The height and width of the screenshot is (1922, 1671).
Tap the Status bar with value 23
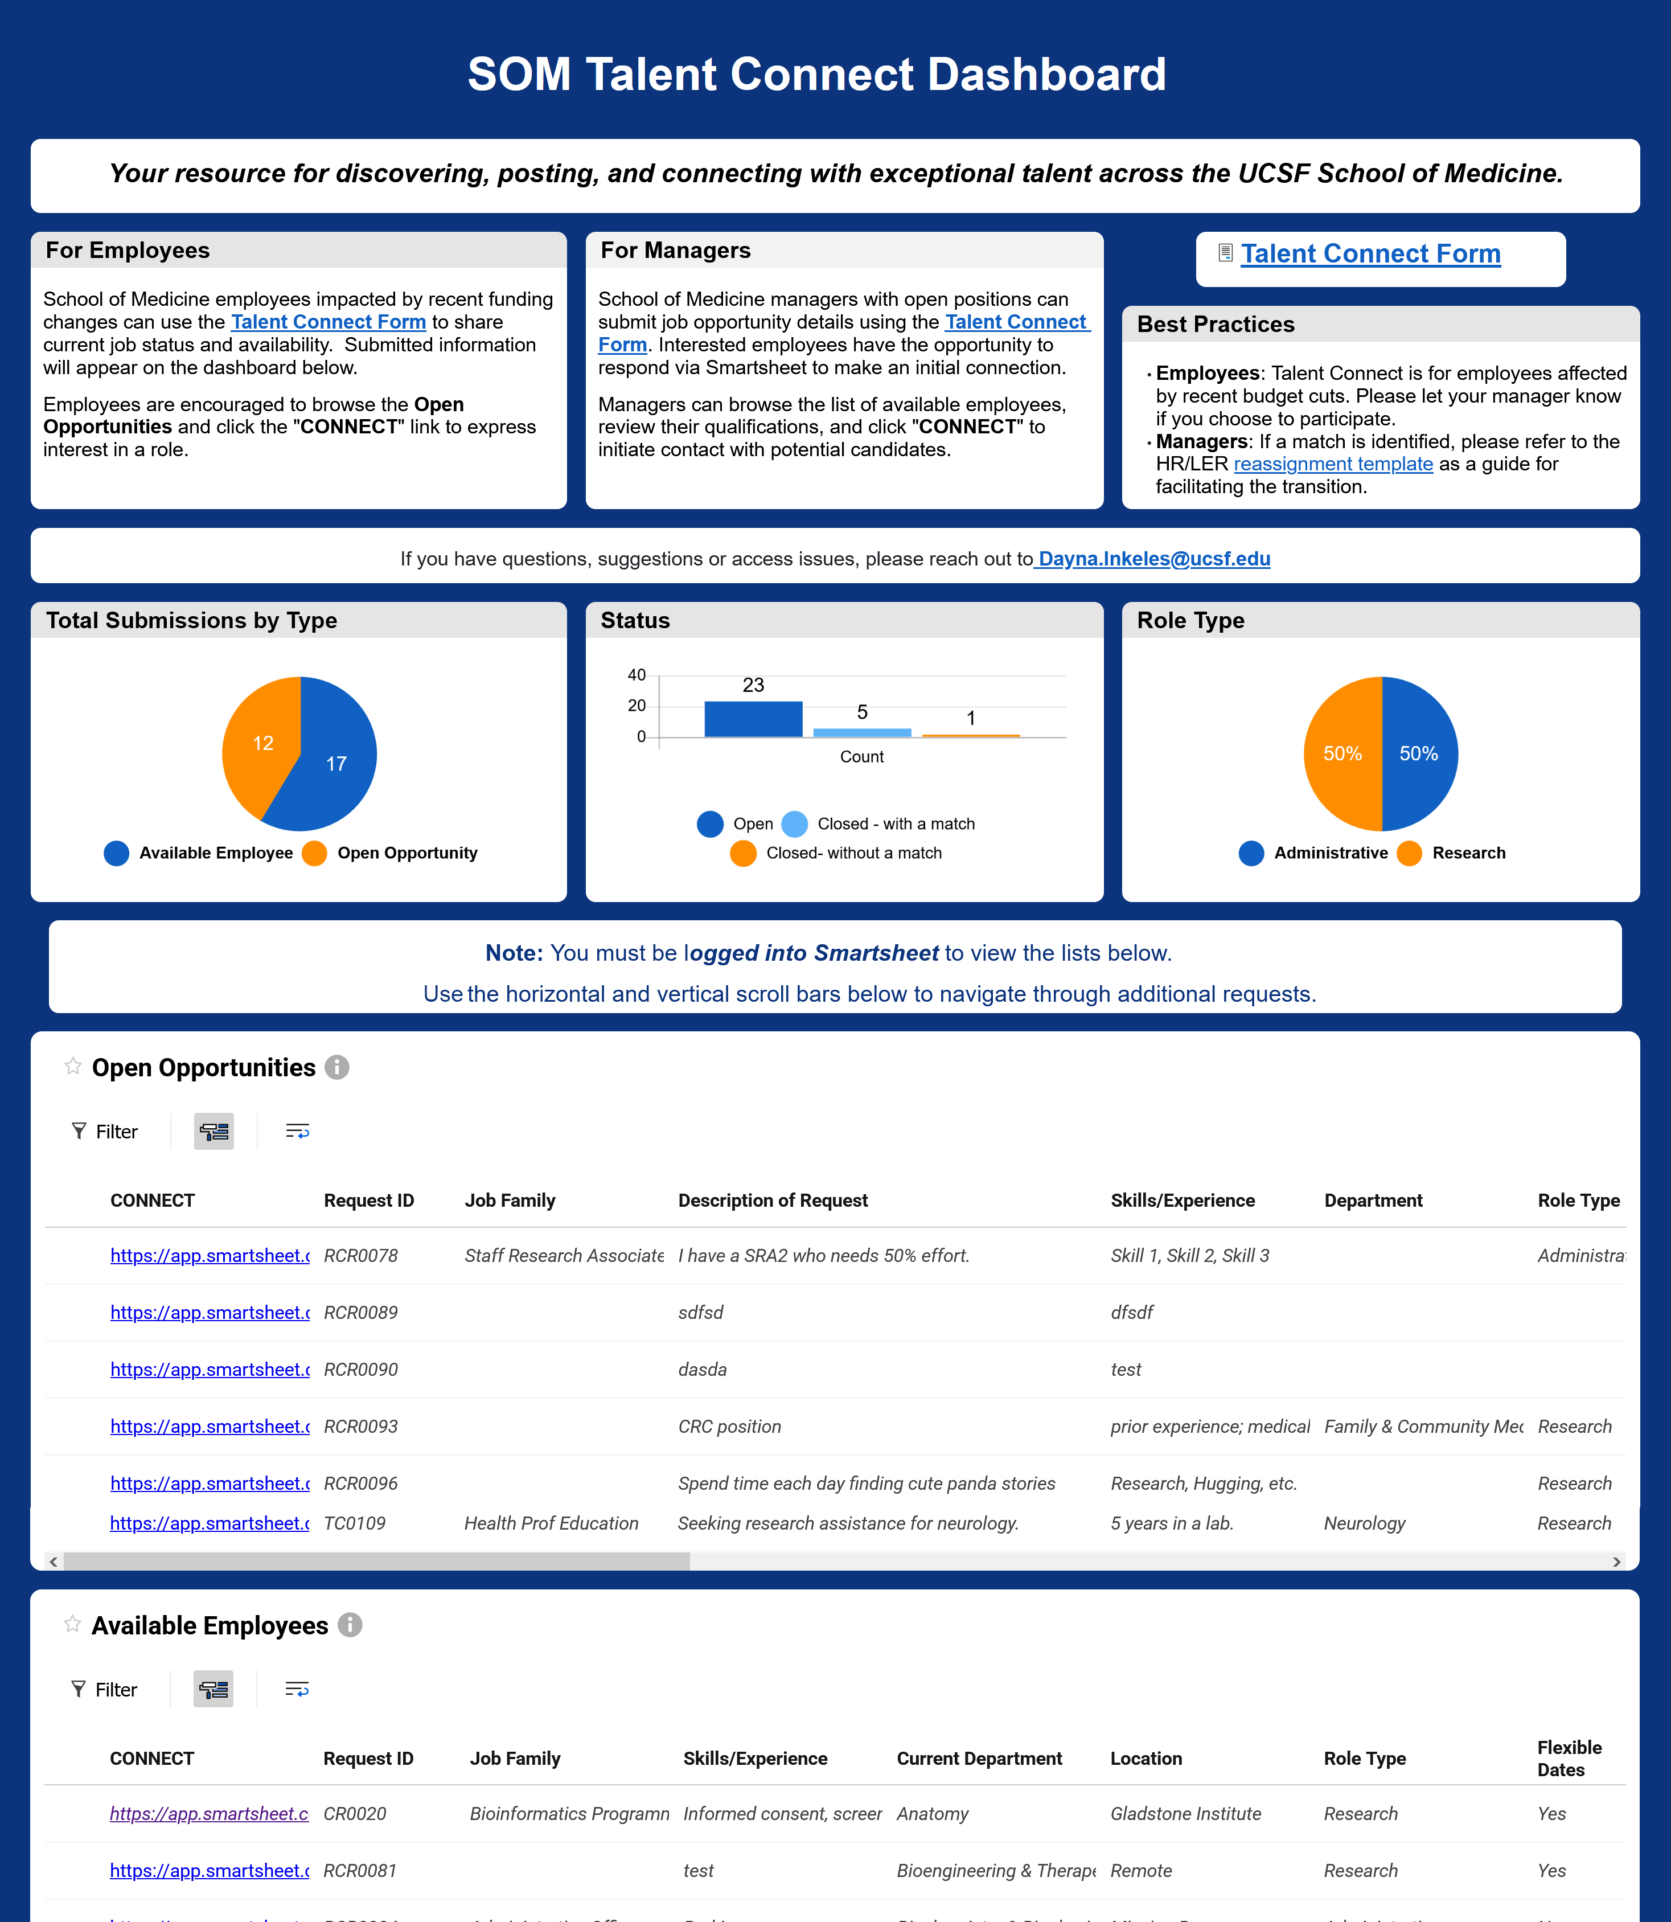tap(753, 719)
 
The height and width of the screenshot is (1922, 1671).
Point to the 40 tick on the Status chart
tap(637, 674)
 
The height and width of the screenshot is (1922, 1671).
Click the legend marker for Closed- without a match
tap(743, 853)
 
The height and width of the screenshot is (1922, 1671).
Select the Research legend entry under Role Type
tap(1468, 853)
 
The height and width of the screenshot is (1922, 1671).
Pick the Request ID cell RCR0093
tap(361, 1426)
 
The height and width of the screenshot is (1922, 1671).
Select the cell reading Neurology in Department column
tap(1364, 1523)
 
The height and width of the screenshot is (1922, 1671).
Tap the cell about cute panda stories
tap(867, 1483)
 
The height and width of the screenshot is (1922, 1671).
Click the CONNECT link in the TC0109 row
tap(209, 1523)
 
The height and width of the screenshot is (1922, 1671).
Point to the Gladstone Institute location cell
tap(1185, 1813)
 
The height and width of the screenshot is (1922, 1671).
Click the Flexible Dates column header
tap(1569, 1758)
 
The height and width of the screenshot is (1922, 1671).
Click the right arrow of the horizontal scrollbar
tap(1616, 1561)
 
